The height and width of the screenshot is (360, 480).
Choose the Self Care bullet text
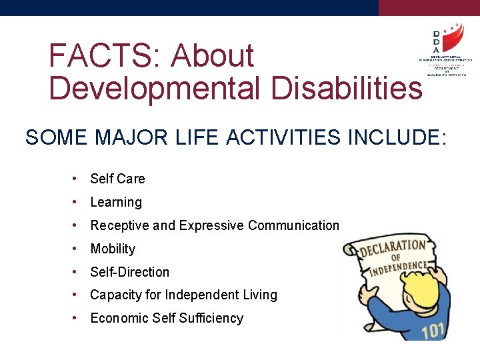[x=117, y=179]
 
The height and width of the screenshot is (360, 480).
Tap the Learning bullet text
[x=116, y=202]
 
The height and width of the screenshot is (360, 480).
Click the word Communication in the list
[x=293, y=225]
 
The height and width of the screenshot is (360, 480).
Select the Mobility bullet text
[x=113, y=249]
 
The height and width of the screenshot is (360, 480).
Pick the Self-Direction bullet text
[x=129, y=272]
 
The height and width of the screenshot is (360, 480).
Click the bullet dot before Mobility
[x=77, y=249]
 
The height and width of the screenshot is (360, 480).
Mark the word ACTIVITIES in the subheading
[x=273, y=137]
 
